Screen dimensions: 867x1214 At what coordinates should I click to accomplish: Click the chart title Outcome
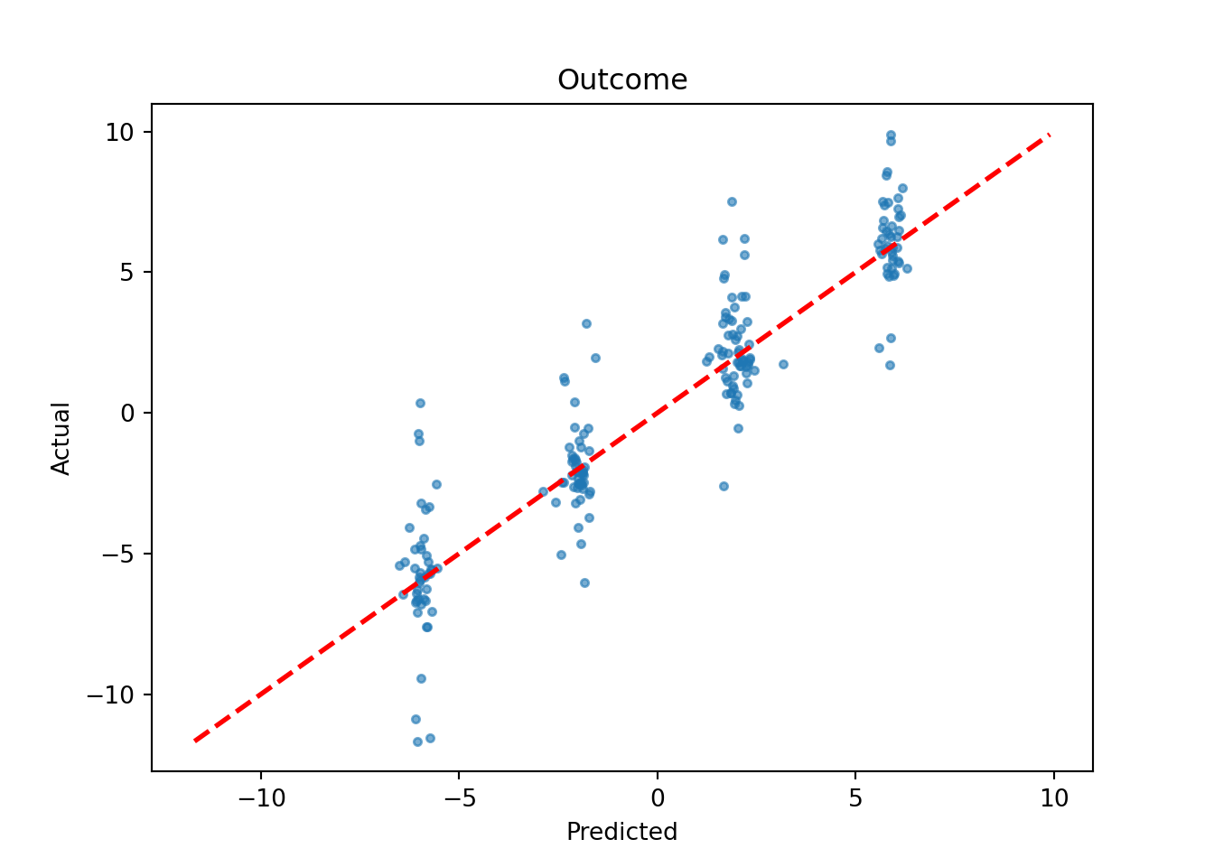(621, 80)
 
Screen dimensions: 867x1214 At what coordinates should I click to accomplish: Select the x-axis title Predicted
(621, 832)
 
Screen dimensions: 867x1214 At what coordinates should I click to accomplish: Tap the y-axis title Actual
(61, 438)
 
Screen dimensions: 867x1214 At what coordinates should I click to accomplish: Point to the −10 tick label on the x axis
(261, 799)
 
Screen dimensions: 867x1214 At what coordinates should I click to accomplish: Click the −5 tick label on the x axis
(459, 799)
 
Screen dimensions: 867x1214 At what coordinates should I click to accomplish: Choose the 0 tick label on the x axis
(658, 799)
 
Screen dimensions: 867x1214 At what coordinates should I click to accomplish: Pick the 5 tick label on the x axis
(855, 799)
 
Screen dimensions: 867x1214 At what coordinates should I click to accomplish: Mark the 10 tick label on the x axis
(1053, 799)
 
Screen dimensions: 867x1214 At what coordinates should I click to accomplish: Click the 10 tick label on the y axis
(118, 133)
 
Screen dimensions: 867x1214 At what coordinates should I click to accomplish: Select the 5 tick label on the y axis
(126, 273)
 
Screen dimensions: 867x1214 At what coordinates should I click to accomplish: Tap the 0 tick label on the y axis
(126, 414)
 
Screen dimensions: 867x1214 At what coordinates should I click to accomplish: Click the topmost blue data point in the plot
(891, 135)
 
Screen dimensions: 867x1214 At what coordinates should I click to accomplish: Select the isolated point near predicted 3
(783, 364)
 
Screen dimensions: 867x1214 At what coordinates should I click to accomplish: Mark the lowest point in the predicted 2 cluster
(724, 486)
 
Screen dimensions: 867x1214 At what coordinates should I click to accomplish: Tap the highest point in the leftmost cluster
(420, 403)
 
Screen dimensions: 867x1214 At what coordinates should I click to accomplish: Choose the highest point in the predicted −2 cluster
(586, 323)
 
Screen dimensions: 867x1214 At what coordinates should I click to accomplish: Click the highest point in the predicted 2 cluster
(732, 201)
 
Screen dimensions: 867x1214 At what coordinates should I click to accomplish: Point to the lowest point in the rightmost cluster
(890, 365)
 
